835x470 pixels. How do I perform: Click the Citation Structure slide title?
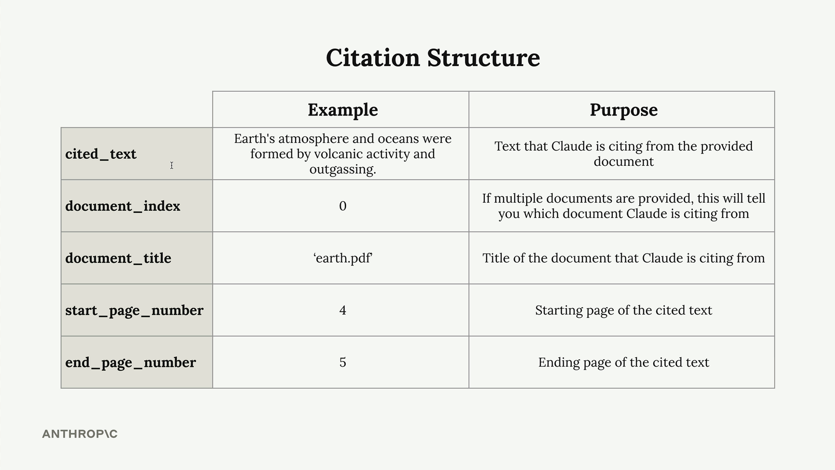tap(433, 58)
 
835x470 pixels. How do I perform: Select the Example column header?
tap(343, 110)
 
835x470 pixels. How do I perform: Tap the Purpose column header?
tap(624, 110)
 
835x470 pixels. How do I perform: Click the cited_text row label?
tap(101, 154)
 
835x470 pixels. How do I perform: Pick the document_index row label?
tap(123, 206)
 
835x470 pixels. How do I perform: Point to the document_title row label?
tap(118, 258)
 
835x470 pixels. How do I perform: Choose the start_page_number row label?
tap(134, 310)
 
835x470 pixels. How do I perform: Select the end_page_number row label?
tap(130, 363)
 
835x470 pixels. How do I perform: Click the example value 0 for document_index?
tap(343, 206)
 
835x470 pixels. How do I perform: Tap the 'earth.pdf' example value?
tap(343, 258)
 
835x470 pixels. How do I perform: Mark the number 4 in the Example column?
tap(343, 310)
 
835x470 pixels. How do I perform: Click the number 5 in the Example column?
tap(343, 363)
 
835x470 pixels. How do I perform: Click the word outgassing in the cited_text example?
tap(343, 169)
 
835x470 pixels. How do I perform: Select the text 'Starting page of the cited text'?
tap(624, 310)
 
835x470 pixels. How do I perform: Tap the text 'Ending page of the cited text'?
tap(624, 363)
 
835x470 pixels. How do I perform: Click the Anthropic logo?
tap(80, 434)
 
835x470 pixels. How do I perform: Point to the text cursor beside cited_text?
tap(172, 165)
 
